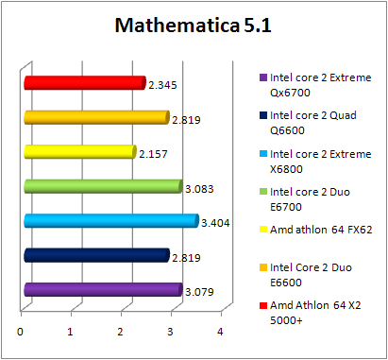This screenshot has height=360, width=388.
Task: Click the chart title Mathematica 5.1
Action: coord(193,26)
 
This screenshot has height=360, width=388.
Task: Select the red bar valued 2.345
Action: coord(85,83)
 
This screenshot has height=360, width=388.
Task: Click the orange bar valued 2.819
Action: coord(96,117)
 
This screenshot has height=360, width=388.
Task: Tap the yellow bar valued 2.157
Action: coord(80,151)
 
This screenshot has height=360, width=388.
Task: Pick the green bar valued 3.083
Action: coord(103,186)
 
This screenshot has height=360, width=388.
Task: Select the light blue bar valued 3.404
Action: coord(111,221)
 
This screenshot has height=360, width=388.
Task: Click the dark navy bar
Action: coord(96,255)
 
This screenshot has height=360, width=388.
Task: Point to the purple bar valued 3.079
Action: coord(103,289)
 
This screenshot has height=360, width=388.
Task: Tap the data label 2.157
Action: coord(152,154)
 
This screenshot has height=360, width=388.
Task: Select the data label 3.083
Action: coord(198,189)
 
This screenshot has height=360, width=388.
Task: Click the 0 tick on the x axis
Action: coord(21,332)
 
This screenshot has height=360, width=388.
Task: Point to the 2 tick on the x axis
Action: coord(121,332)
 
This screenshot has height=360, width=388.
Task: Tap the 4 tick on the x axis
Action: coord(220,332)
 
